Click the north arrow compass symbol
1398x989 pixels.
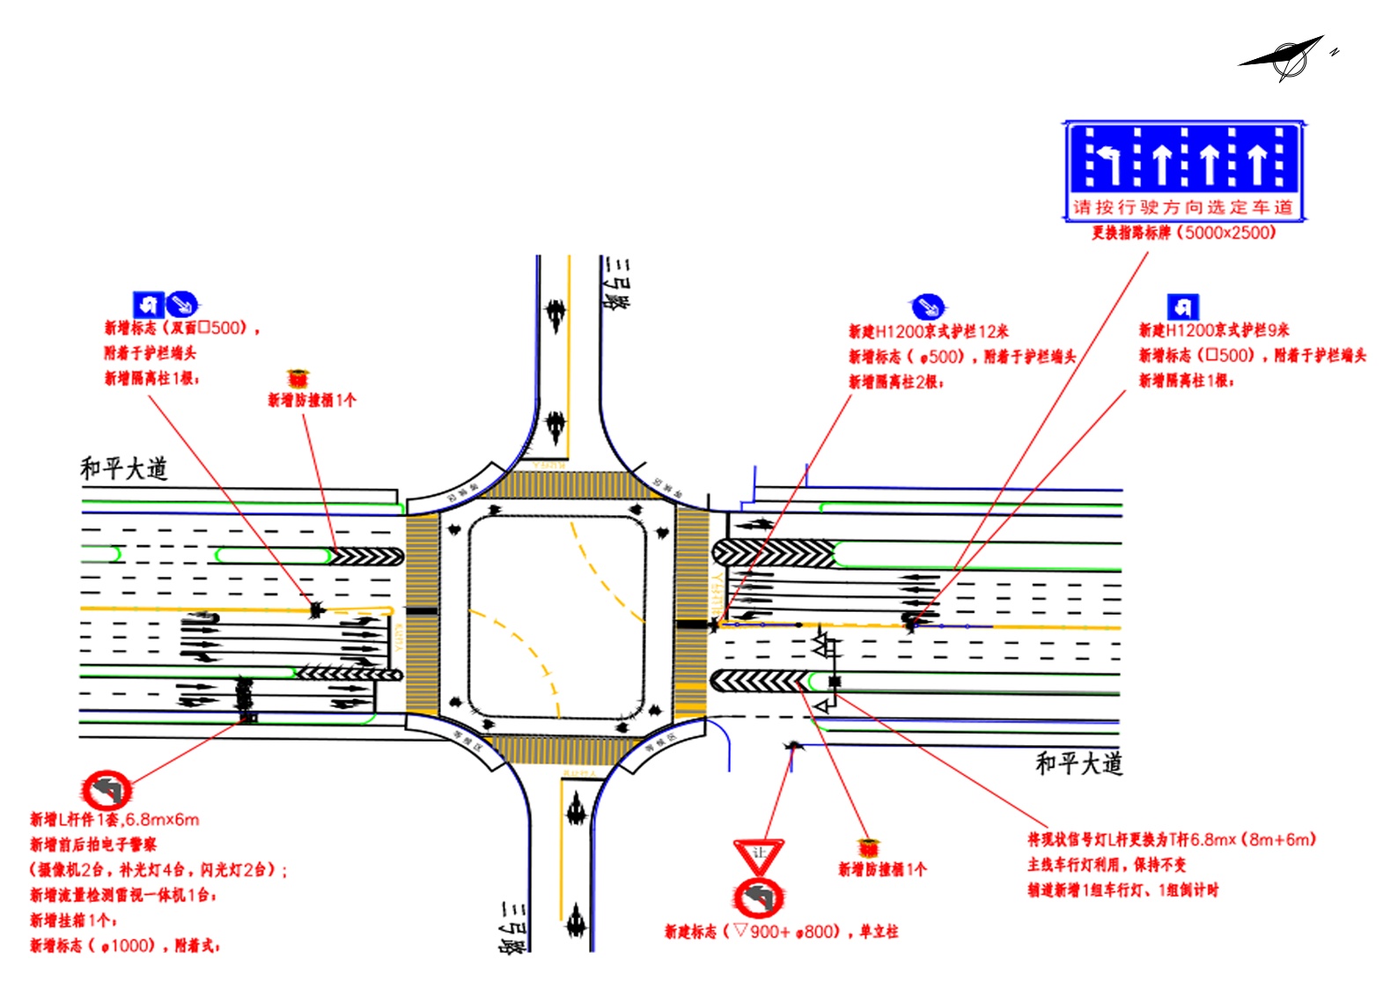[1287, 58]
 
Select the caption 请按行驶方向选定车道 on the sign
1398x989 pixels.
[1182, 207]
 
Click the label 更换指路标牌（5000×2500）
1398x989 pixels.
[1183, 233]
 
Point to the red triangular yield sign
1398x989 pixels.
[758, 854]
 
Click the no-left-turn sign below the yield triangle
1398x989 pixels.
[758, 897]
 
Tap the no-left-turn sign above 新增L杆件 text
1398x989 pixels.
[107, 790]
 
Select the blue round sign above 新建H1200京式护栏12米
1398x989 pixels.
[928, 306]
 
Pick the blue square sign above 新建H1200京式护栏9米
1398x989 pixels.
[1182, 306]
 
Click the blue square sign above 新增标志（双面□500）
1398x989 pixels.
[148, 305]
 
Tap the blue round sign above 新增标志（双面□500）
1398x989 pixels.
[181, 305]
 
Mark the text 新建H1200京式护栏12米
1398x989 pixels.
[928, 332]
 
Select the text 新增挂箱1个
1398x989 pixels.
[73, 920]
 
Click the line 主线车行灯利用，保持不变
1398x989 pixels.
[1107, 865]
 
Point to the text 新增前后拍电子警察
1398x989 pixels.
[93, 845]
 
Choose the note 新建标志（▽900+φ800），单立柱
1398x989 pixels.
[781, 932]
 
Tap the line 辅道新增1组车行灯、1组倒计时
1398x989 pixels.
[1122, 890]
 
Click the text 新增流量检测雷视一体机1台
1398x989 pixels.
[123, 895]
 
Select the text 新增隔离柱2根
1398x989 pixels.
[895, 381]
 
